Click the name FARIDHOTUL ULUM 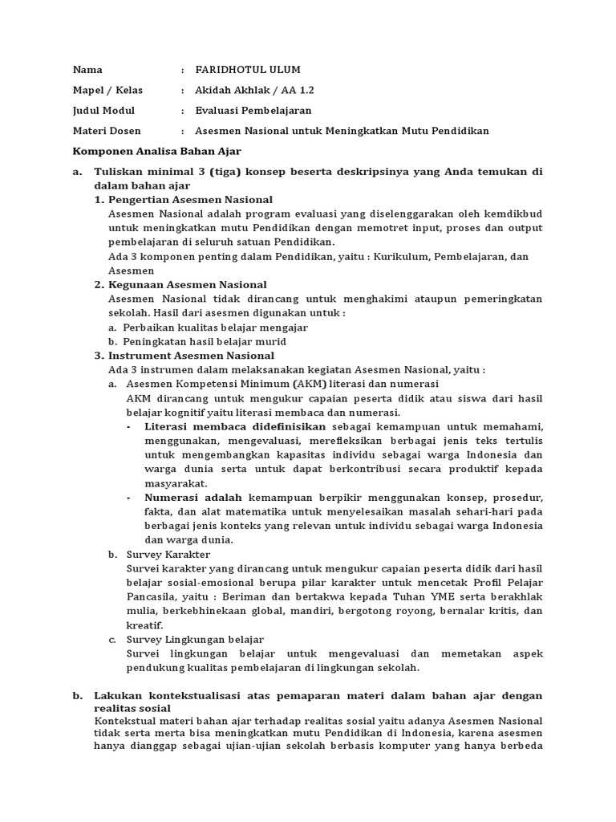coord(249,69)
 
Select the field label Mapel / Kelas coord(108,90)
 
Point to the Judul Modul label coord(104,111)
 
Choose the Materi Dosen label coord(107,131)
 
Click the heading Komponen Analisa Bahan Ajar coord(157,151)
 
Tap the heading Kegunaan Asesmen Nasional coord(187,285)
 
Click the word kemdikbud coord(515,214)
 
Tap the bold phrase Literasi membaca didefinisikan coord(235,426)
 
